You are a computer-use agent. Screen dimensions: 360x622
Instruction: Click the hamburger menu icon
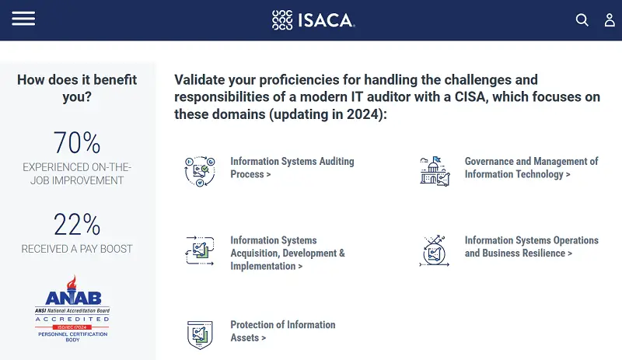(x=23, y=19)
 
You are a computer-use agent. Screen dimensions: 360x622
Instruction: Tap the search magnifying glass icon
(x=582, y=20)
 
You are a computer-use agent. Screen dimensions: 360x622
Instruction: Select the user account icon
(x=610, y=20)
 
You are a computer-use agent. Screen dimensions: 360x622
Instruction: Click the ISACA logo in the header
(x=313, y=20)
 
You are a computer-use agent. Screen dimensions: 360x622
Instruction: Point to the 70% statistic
(x=77, y=143)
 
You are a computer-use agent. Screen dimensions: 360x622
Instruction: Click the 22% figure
(x=77, y=225)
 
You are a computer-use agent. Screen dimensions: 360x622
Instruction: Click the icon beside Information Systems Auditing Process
(x=200, y=171)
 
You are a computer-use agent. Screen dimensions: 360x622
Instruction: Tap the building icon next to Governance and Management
(x=435, y=171)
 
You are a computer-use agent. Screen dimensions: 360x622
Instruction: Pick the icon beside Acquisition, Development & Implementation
(x=200, y=250)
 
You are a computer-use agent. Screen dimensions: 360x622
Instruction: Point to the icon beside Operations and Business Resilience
(x=435, y=250)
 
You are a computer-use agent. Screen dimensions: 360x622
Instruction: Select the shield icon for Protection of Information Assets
(x=200, y=334)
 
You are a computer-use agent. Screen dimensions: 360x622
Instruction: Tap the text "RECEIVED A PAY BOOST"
(x=77, y=249)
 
